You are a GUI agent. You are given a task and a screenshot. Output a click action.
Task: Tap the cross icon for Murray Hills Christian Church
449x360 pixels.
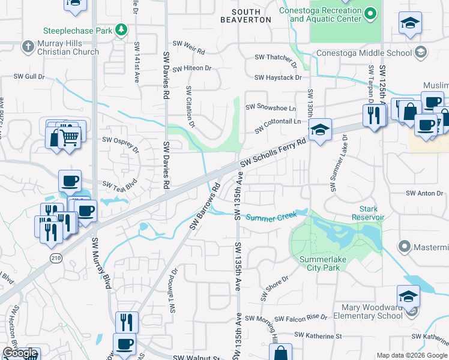[28, 46]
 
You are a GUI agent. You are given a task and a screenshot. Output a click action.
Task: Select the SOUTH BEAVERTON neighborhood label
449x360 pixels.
[252, 16]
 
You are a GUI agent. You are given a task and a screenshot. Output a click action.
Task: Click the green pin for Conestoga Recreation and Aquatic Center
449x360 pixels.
[371, 13]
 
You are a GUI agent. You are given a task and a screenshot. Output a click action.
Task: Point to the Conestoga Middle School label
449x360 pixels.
[364, 53]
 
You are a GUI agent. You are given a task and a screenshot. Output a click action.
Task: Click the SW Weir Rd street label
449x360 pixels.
[189, 44]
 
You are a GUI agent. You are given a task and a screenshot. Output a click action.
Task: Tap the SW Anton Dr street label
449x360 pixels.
[424, 193]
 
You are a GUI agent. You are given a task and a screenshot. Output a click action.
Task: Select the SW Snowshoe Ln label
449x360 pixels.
[275, 109]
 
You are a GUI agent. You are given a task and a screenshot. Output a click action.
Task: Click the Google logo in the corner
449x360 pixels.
[20, 353]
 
